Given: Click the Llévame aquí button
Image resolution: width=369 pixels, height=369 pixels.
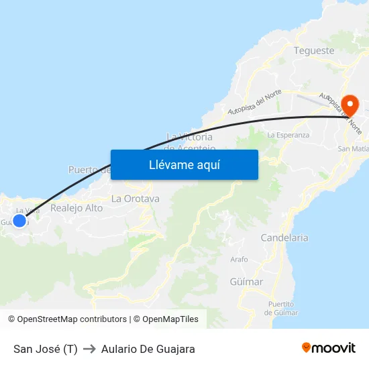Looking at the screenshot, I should (184, 164).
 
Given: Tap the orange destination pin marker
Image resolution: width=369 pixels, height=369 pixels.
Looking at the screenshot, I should (350, 105).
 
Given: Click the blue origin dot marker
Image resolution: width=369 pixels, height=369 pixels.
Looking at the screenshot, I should (19, 220).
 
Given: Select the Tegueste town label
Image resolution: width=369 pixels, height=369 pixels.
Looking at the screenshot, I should (314, 50).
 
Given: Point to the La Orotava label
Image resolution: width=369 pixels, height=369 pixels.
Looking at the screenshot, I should (136, 199).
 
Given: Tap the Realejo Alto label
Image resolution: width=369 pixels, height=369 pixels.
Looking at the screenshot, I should (76, 208).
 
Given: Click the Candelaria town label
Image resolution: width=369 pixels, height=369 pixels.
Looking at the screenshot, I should (284, 238).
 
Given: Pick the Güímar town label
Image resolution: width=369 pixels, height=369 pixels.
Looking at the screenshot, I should (246, 282).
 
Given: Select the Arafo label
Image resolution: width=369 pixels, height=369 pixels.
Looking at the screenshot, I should (239, 259).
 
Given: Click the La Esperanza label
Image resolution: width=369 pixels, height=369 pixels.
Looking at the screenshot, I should (288, 135).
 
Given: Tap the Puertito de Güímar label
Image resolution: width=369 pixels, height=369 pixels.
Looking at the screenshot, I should (281, 309).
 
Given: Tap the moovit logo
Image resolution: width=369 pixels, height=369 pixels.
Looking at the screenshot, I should (329, 348).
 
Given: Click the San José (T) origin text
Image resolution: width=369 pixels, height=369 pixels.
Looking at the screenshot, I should (46, 349).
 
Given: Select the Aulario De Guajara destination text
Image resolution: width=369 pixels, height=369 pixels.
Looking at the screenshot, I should (148, 349).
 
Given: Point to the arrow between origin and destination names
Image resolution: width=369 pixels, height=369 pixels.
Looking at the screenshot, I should (89, 349).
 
